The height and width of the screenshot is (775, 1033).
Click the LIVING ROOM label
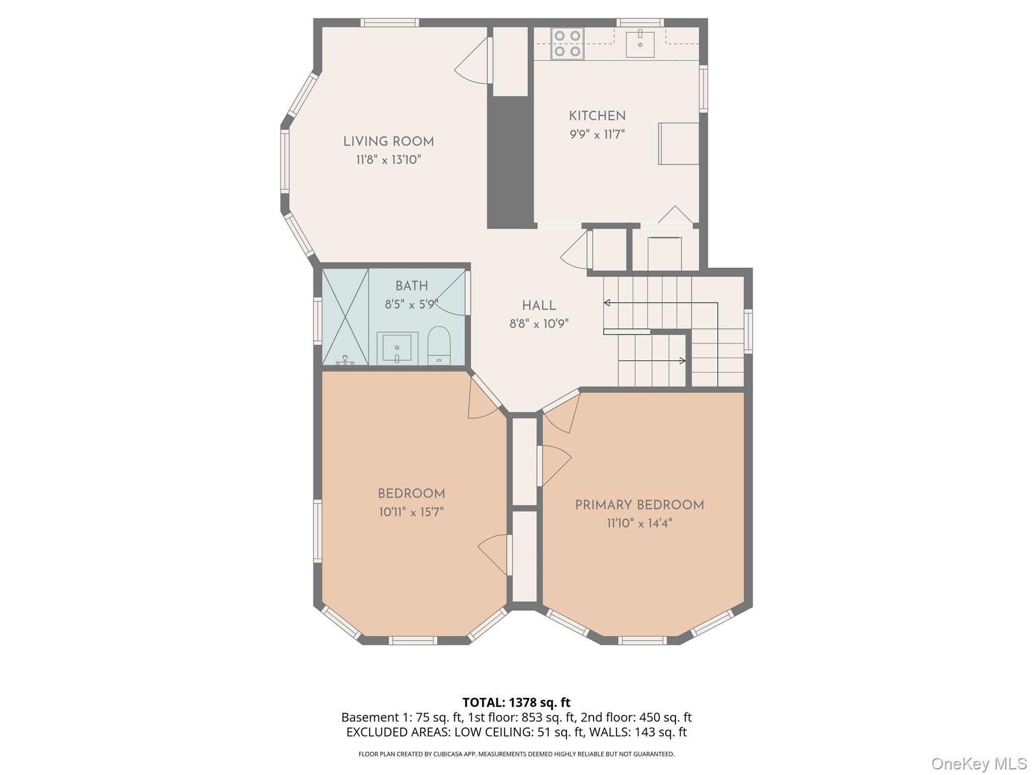pyautogui.click(x=388, y=142)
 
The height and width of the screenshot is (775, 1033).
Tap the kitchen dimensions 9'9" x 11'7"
pyautogui.click(x=597, y=135)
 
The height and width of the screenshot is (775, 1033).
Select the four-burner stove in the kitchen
pyautogui.click(x=567, y=44)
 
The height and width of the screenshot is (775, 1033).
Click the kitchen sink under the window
pyautogui.click(x=640, y=44)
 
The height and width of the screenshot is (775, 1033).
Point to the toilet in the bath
pyautogui.click(x=439, y=346)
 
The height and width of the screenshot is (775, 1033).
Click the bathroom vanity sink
pyautogui.click(x=397, y=348)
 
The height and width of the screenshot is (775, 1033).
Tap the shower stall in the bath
pyautogui.click(x=345, y=317)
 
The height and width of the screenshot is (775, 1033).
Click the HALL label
pyautogui.click(x=539, y=306)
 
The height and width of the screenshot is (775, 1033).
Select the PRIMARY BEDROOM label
pyautogui.click(x=639, y=505)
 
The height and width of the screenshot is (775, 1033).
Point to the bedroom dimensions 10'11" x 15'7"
pyautogui.click(x=411, y=513)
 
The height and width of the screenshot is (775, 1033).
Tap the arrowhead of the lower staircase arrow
pyautogui.click(x=682, y=361)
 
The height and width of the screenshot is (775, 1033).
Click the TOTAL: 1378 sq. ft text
pyautogui.click(x=516, y=702)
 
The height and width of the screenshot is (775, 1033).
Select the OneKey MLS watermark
pyautogui.click(x=979, y=764)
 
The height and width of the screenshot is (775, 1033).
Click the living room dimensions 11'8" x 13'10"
pyautogui.click(x=388, y=160)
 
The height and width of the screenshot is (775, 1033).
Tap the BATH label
pyautogui.click(x=412, y=286)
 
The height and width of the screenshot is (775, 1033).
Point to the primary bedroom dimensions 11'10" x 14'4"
pyautogui.click(x=639, y=523)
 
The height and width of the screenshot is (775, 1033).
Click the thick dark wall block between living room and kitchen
pyautogui.click(x=510, y=161)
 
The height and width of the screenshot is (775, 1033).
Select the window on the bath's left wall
pyautogui.click(x=318, y=321)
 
